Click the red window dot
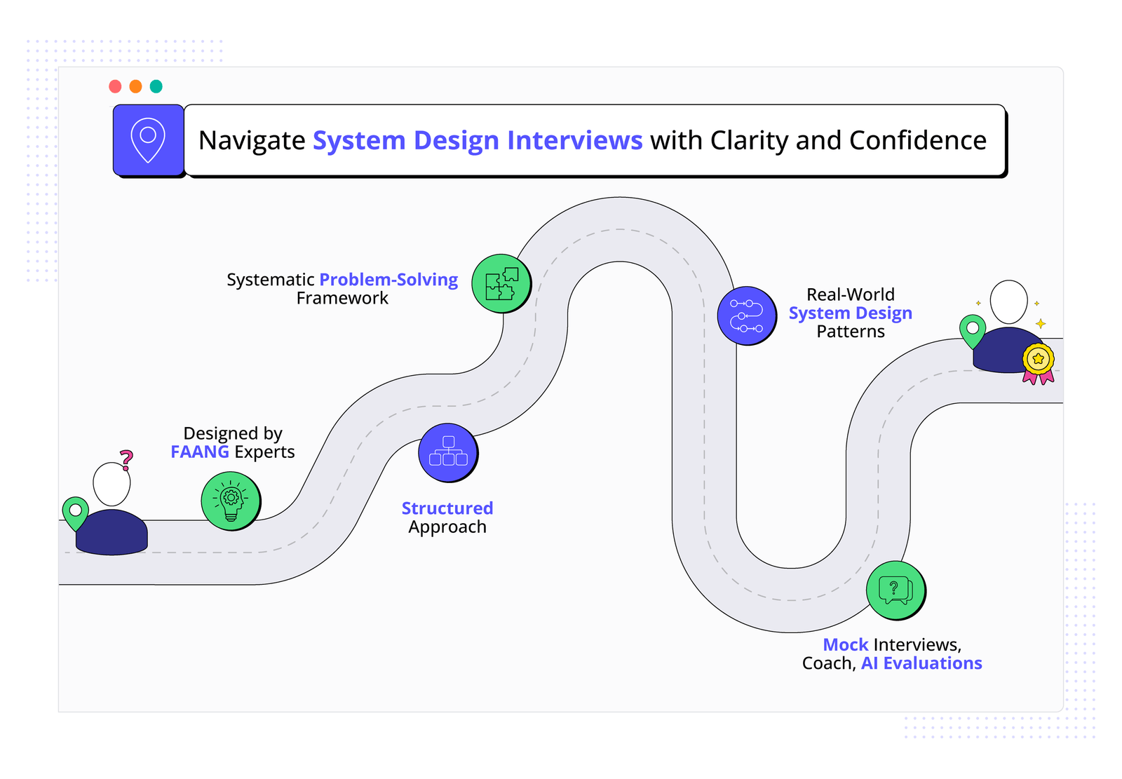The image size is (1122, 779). coord(116,86)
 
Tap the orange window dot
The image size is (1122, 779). coord(136,86)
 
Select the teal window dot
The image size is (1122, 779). coord(156,86)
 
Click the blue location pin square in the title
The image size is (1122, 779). coord(148,140)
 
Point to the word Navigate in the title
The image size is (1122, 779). coord(252,140)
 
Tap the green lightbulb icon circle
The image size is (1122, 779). coord(231,501)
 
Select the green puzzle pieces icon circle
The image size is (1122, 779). coord(501,283)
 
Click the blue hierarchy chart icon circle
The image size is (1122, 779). coord(448,452)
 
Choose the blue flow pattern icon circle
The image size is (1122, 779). coord(747,316)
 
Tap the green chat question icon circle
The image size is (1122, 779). coord(895,590)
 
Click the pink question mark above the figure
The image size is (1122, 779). coord(126,460)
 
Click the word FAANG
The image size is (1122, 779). coord(200,452)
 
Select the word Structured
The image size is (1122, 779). coord(447,508)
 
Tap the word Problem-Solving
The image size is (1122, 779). coord(388,280)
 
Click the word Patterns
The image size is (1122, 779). coord(851,332)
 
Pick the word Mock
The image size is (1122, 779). coord(846,645)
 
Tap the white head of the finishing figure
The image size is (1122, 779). coord(1008,302)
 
